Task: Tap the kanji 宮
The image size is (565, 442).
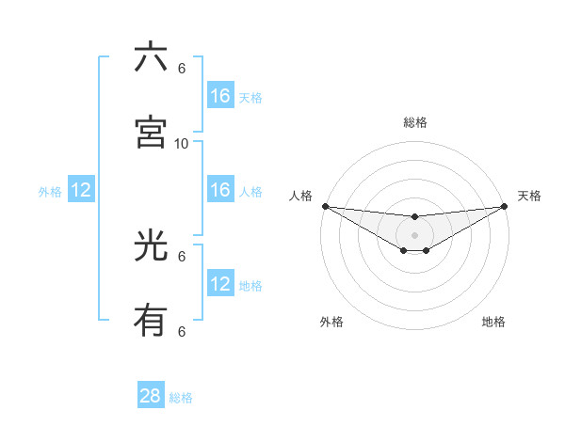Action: [x=151, y=133]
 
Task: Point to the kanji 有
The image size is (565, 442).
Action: [x=151, y=322]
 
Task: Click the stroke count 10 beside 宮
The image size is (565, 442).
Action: [x=182, y=143]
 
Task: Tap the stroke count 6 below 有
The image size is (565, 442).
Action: [x=182, y=331]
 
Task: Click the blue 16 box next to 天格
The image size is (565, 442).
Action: [x=220, y=96]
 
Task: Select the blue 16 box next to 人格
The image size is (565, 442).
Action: [x=220, y=190]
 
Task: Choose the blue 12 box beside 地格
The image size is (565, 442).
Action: [x=220, y=284]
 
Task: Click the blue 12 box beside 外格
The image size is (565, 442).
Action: [x=81, y=190]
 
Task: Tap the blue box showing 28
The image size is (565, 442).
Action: [x=151, y=396]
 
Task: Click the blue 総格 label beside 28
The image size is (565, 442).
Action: [x=181, y=398]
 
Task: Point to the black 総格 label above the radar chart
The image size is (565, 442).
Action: [x=414, y=122]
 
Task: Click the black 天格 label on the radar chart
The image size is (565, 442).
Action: [x=529, y=196]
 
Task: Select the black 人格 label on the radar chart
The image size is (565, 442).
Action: [x=300, y=196]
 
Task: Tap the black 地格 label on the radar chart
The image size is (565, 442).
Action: [x=493, y=322]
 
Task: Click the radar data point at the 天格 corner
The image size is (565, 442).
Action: [x=505, y=206]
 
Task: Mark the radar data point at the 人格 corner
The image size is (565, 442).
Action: [x=325, y=206]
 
